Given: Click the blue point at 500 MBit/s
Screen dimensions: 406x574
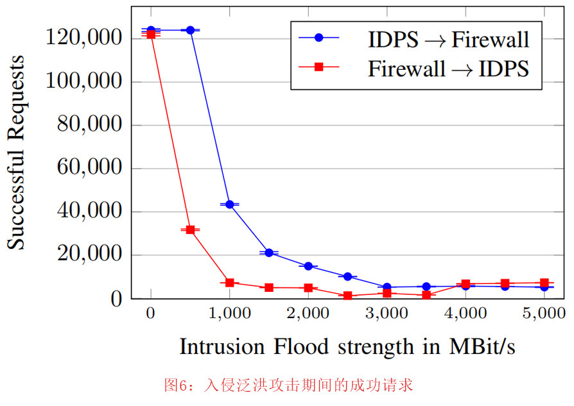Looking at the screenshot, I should pyautogui.click(x=190, y=30).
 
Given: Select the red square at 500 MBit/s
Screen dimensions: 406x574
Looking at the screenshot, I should pyautogui.click(x=190, y=230).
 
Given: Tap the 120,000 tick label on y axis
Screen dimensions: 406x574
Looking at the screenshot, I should pyautogui.click(x=84, y=38).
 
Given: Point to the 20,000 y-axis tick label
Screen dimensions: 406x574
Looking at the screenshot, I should pyautogui.click(x=89, y=255).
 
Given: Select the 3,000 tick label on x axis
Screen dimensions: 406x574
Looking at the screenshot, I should pyautogui.click(x=387, y=314).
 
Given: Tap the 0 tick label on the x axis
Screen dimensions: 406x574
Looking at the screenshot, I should pyautogui.click(x=151, y=314).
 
